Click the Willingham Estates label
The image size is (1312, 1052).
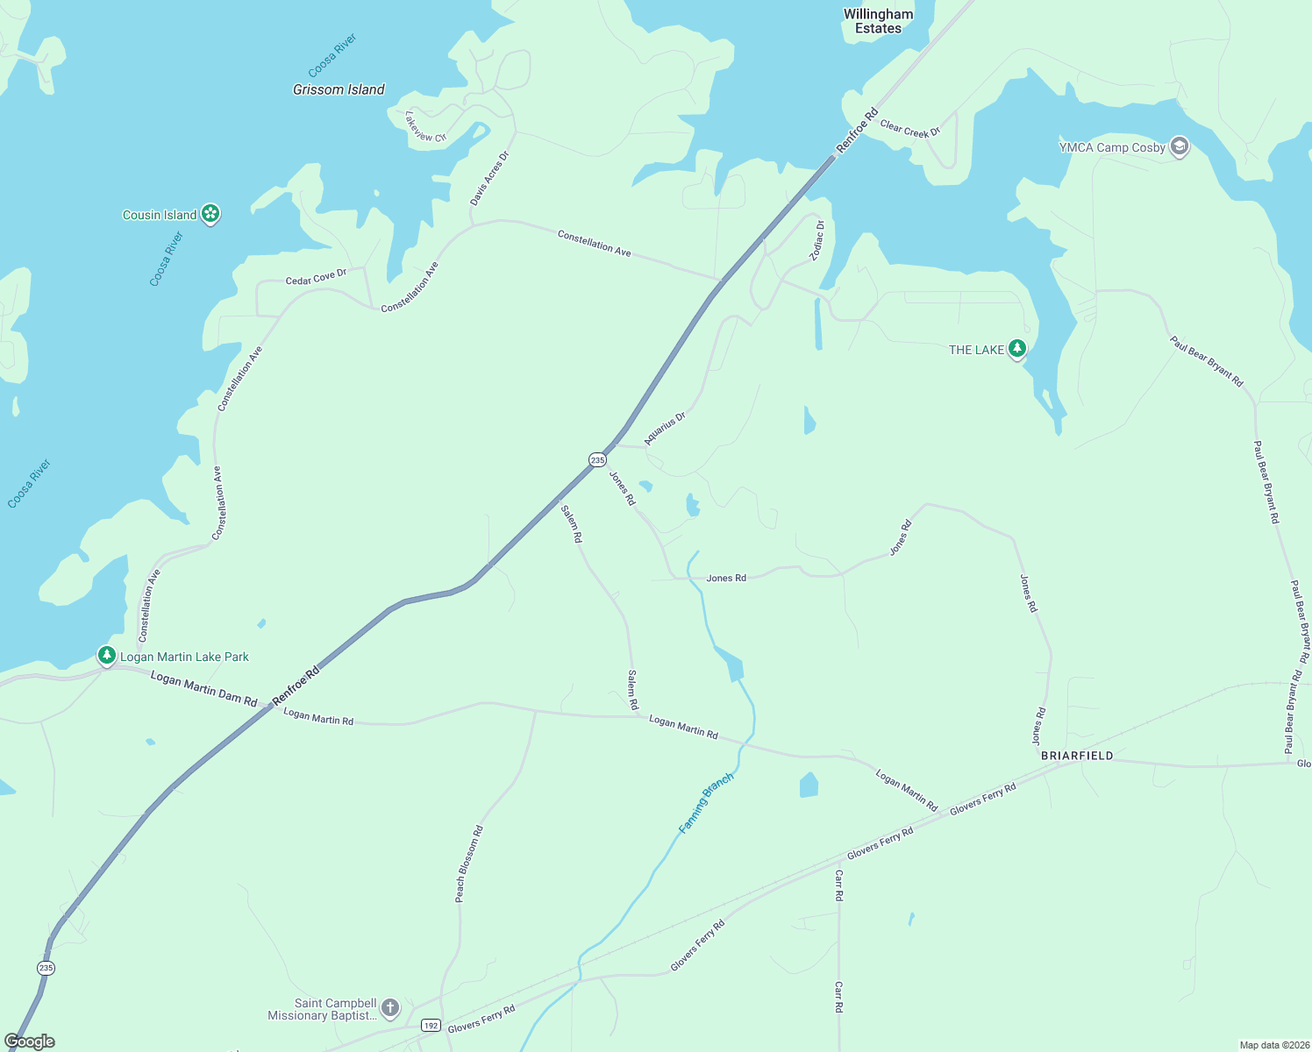[878, 21]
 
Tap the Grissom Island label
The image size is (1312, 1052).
[339, 89]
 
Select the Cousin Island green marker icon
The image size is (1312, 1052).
[210, 214]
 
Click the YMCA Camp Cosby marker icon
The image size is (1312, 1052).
[1180, 146]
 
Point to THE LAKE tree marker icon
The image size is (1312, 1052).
[1016, 349]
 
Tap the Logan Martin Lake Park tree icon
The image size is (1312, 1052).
[106, 656]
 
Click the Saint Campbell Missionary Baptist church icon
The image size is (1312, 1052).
[390, 1008]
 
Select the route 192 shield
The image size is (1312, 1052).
[430, 1025]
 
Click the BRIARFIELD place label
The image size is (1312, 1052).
[1077, 756]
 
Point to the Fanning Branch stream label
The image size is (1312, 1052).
[706, 803]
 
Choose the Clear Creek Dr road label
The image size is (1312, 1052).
[909, 129]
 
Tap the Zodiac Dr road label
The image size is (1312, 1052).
[817, 240]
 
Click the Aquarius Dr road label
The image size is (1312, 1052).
[665, 429]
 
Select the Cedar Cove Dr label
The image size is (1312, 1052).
[316, 277]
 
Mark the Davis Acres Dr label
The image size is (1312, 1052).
[489, 179]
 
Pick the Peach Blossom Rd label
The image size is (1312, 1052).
[468, 864]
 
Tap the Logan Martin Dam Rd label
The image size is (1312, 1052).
[203, 689]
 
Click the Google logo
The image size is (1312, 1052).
[29, 1041]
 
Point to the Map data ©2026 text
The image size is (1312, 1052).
[1273, 1045]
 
